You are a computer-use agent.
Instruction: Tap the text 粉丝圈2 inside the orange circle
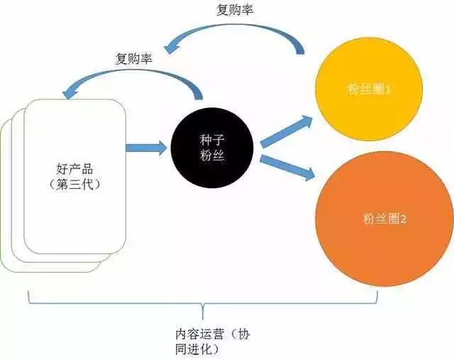[382, 219]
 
